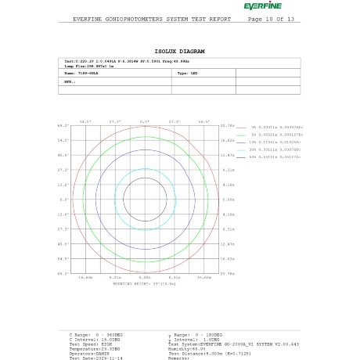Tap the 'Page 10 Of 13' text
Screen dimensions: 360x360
[271, 19]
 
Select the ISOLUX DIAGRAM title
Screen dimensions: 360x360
[179, 49]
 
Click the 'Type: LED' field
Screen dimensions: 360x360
[187, 72]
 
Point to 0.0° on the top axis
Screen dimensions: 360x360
[145, 121]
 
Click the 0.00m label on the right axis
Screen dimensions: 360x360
[229, 199]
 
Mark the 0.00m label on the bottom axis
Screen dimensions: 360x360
[145, 277]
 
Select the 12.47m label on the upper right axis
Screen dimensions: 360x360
[229, 155]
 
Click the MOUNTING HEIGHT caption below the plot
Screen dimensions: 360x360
[145, 283]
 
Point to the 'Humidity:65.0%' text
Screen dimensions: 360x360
[187, 348]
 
